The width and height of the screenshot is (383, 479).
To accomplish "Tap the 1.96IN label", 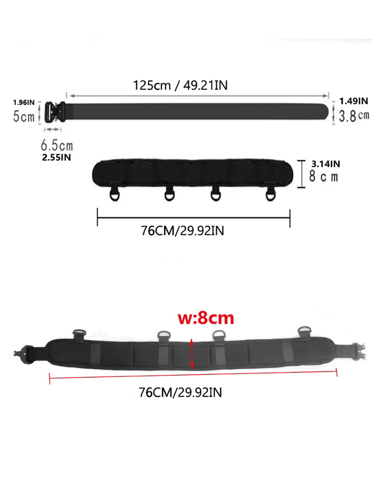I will point(23,102).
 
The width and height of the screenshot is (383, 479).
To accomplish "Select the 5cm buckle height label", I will point(23,116).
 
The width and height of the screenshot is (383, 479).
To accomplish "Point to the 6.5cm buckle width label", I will point(56,145).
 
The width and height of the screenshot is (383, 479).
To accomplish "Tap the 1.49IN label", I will point(354,101).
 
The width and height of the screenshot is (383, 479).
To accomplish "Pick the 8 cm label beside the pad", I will point(323,176).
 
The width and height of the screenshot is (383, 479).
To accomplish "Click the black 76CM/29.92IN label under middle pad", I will point(182,230).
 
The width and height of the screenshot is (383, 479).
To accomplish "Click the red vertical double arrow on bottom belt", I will point(192,354).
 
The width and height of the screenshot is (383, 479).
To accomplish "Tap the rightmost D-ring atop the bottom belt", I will point(304,331).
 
